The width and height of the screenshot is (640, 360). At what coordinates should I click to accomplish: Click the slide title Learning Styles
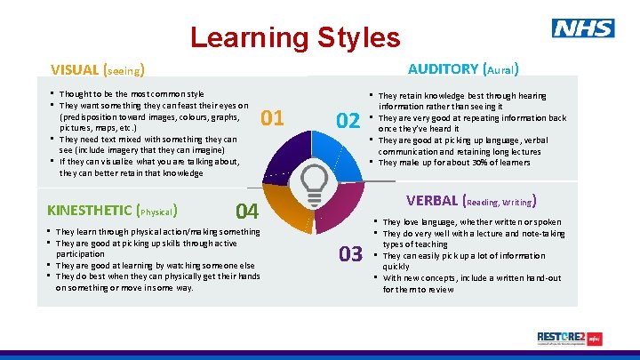click(295, 37)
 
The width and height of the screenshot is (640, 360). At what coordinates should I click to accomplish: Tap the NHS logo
click(582, 28)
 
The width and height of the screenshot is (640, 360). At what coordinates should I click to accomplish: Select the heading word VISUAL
click(75, 69)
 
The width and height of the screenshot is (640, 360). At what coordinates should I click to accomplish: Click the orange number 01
click(273, 117)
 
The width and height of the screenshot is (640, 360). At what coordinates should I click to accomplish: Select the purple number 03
click(349, 254)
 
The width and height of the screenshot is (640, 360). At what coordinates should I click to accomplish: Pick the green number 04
click(247, 211)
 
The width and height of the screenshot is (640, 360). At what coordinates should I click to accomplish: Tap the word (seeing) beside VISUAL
click(124, 70)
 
